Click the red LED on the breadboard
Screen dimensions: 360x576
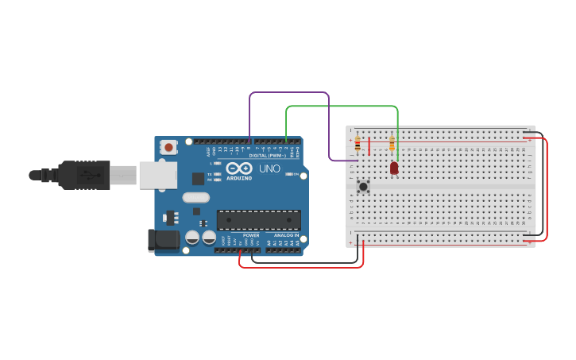point(394,168)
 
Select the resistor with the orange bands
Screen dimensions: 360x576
point(392,143)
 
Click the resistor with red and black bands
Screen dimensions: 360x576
point(358,143)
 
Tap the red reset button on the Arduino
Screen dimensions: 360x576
point(168,147)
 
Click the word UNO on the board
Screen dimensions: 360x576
point(269,168)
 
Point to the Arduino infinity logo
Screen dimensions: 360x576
point(239,168)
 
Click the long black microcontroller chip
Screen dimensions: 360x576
point(258,220)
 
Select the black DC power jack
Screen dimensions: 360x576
point(164,240)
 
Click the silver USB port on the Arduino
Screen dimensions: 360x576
point(157,175)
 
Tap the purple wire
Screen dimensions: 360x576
point(290,92)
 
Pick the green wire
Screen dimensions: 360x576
point(342,106)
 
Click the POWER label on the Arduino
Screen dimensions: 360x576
point(251,235)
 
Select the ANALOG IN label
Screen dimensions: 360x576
point(286,235)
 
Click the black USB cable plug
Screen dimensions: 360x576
point(83,175)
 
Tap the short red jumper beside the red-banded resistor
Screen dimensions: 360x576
point(369,145)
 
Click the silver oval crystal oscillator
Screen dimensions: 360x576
point(195,197)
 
